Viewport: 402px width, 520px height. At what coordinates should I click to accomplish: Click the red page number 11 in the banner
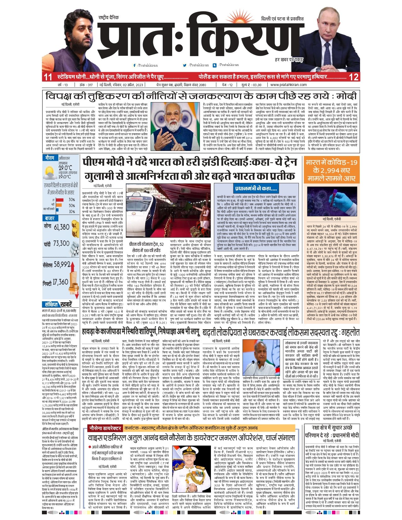click(x=48, y=77)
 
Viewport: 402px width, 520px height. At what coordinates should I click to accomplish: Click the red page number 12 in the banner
click(x=354, y=77)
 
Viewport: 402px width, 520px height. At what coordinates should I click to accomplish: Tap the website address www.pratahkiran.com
click(x=288, y=85)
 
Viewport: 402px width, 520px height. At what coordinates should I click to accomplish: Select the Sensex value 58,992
click(x=62, y=264)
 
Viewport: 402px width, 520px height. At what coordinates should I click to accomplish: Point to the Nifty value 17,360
click(x=60, y=282)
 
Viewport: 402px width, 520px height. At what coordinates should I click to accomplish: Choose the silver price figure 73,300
click(x=61, y=243)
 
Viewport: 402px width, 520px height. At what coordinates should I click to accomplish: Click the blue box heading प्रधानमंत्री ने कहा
click(x=256, y=189)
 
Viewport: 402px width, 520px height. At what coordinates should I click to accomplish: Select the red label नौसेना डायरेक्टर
click(x=105, y=428)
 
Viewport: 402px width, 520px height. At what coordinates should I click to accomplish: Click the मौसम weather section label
click(x=50, y=158)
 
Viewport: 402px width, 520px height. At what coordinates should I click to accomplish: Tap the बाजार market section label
click(x=50, y=218)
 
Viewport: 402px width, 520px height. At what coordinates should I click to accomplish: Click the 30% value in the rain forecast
click(x=72, y=200)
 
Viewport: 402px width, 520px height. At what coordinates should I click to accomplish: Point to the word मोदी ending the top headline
click(x=346, y=96)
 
